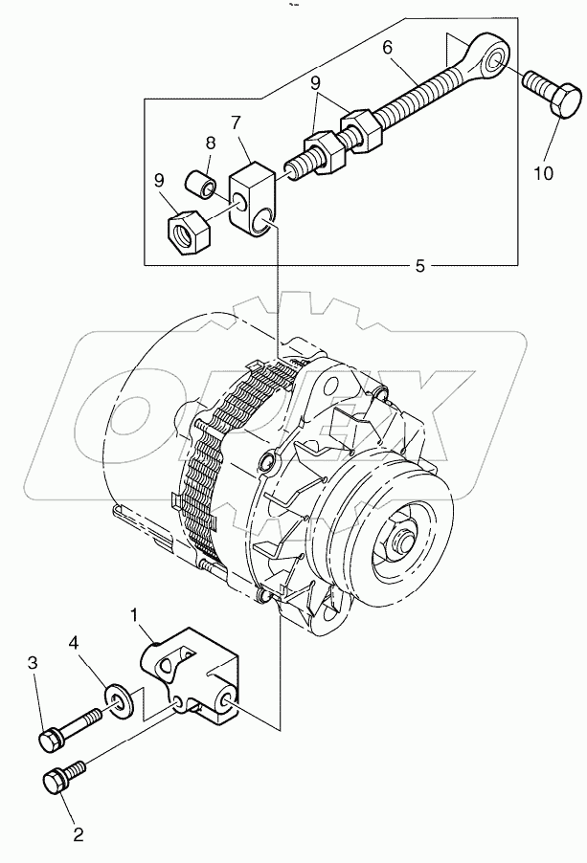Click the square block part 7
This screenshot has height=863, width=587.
pos(253,195)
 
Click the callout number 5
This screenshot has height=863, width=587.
pos(419,265)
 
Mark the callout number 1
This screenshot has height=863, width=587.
pos(137,610)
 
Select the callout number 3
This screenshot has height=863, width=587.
pos(32,663)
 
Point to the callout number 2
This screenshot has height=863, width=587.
pos(78,834)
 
